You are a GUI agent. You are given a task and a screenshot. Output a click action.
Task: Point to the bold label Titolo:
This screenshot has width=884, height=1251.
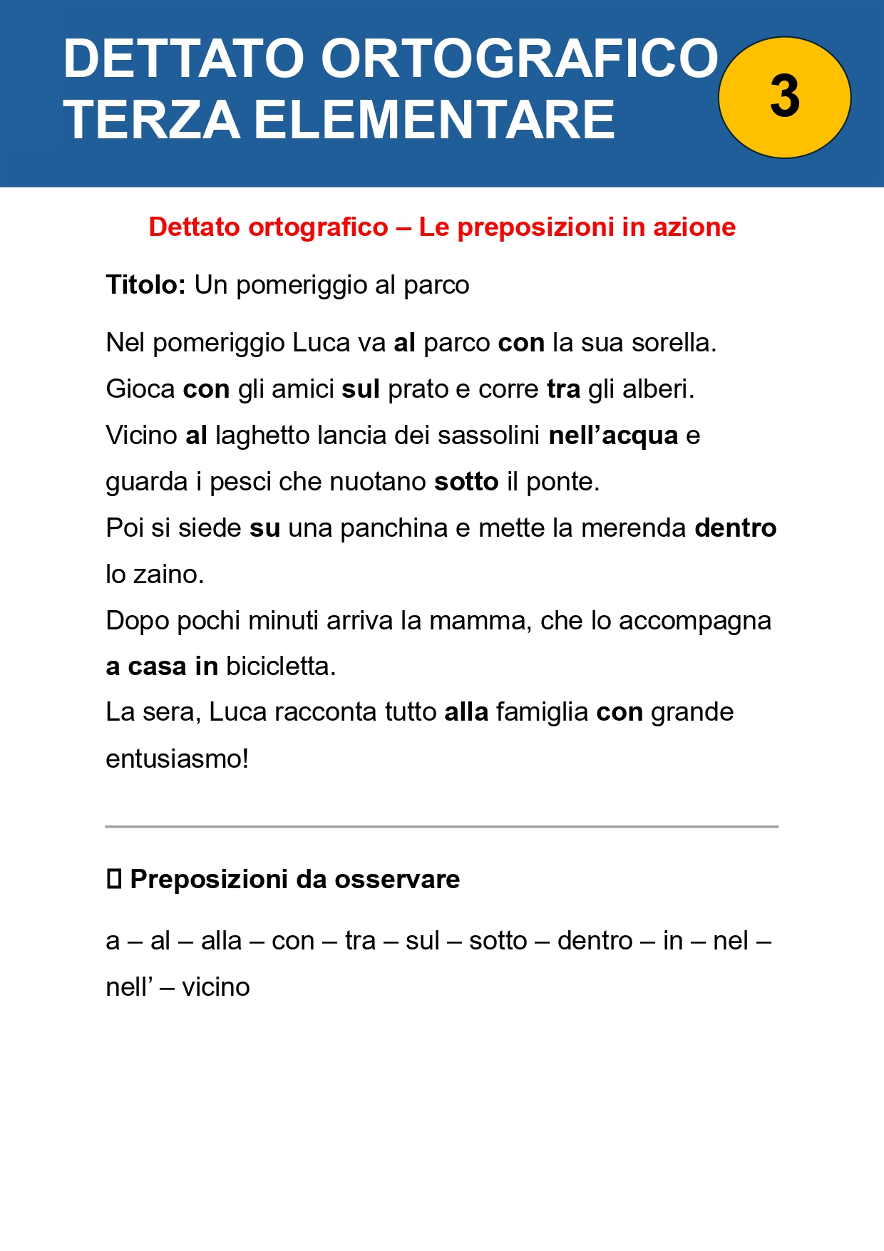[x=145, y=285]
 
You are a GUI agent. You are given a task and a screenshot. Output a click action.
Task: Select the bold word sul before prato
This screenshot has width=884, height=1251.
[x=361, y=389]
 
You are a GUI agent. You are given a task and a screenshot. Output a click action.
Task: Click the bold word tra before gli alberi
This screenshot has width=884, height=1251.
[x=563, y=389]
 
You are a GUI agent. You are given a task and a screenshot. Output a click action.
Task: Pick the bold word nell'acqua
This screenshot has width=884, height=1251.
[x=613, y=436]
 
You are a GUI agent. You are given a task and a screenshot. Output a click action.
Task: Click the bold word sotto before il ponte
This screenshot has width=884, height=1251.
[x=466, y=482]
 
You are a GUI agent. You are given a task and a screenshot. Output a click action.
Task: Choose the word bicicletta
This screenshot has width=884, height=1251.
[x=280, y=666]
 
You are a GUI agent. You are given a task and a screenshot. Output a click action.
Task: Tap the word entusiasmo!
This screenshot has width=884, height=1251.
[x=177, y=759]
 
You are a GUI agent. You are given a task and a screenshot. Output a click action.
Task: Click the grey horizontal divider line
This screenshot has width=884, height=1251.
[x=441, y=827]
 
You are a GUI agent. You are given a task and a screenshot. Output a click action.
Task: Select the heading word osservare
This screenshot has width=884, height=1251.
[x=397, y=880]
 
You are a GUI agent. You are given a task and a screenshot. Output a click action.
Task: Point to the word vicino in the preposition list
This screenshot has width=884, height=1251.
[x=215, y=987]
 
